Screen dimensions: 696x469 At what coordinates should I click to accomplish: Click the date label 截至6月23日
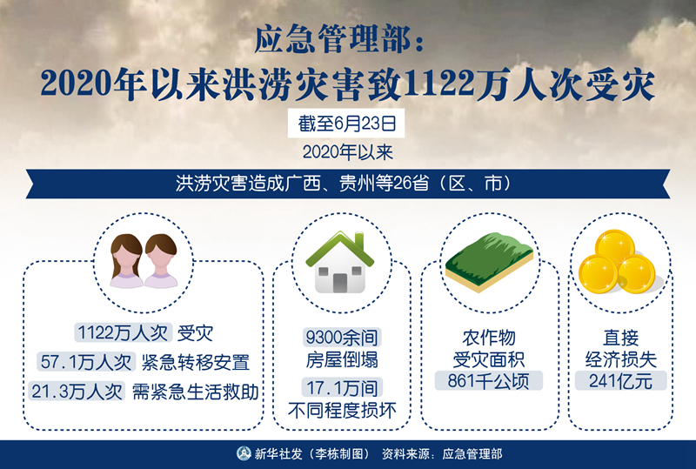346,124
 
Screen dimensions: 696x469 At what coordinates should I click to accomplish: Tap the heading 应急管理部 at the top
333,40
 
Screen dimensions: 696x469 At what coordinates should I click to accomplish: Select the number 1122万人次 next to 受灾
123,332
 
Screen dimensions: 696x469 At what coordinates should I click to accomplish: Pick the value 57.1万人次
85,362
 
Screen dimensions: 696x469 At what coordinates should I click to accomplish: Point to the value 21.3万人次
77,392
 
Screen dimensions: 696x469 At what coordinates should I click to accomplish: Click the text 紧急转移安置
195,362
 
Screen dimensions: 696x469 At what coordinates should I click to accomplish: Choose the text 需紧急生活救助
195,392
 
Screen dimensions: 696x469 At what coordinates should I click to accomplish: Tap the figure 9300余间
342,338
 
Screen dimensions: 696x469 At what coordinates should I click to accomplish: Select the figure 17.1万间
342,388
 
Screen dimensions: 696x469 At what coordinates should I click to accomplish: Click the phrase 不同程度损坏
342,410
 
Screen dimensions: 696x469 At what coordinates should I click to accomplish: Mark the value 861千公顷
488,380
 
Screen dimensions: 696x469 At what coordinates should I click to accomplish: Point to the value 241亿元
620,380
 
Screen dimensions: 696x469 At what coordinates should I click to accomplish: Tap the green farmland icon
489,262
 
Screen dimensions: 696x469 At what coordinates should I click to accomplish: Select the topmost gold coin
615,245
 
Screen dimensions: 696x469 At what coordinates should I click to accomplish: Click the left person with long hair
127,261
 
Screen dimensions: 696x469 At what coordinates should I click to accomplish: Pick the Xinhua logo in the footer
244,453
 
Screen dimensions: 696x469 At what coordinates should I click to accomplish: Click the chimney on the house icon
359,241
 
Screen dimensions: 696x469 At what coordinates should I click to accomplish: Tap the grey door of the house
340,283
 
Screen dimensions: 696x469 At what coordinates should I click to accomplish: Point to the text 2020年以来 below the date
348,152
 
